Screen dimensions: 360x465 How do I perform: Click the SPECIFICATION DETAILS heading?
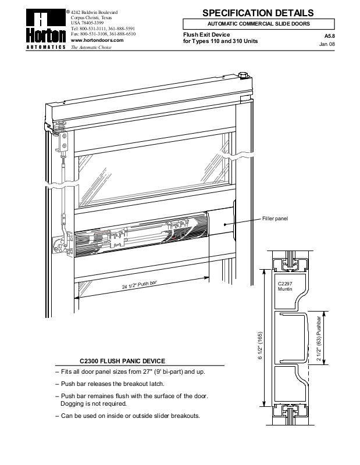[259, 13]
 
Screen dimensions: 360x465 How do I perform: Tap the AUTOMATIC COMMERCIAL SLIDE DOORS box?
[259, 24]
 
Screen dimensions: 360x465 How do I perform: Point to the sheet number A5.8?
[329, 36]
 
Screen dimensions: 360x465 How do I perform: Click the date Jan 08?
[328, 44]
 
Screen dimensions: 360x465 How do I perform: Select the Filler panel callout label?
[275, 218]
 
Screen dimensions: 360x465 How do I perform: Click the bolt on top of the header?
[243, 76]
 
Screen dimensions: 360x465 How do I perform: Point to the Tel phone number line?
[103, 28]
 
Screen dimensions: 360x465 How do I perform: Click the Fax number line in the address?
[103, 34]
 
